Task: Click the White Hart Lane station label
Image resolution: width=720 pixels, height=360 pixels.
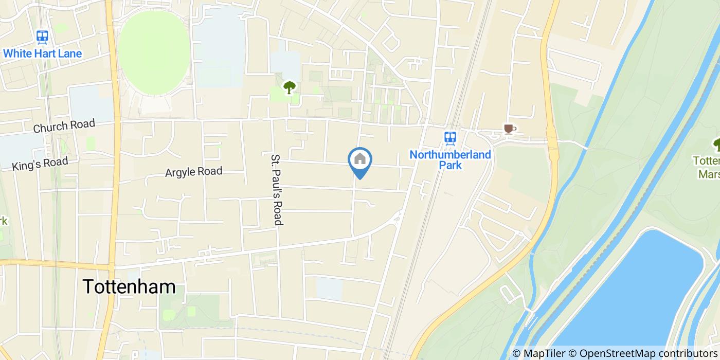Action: click(42, 53)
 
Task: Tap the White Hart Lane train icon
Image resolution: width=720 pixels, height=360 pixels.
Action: click(42, 37)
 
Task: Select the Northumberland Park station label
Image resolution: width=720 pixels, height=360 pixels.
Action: click(450, 160)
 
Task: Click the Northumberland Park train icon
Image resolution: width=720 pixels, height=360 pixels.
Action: click(450, 137)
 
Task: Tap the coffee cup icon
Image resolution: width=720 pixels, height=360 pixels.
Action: click(508, 129)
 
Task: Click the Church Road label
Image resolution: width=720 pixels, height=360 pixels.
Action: click(64, 126)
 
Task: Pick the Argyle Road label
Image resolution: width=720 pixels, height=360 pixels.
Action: click(193, 172)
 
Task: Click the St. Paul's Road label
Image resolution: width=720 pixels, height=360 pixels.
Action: click(278, 189)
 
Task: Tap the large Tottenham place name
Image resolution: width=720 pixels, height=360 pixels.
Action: click(129, 287)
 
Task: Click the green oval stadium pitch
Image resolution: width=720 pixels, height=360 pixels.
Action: click(154, 53)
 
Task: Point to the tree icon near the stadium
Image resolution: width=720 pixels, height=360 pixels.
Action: click(290, 87)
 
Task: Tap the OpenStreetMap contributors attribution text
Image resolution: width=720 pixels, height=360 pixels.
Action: click(649, 353)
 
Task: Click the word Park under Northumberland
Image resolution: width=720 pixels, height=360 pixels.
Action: click(450, 166)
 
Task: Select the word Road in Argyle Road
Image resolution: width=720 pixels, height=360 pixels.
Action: click(210, 171)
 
